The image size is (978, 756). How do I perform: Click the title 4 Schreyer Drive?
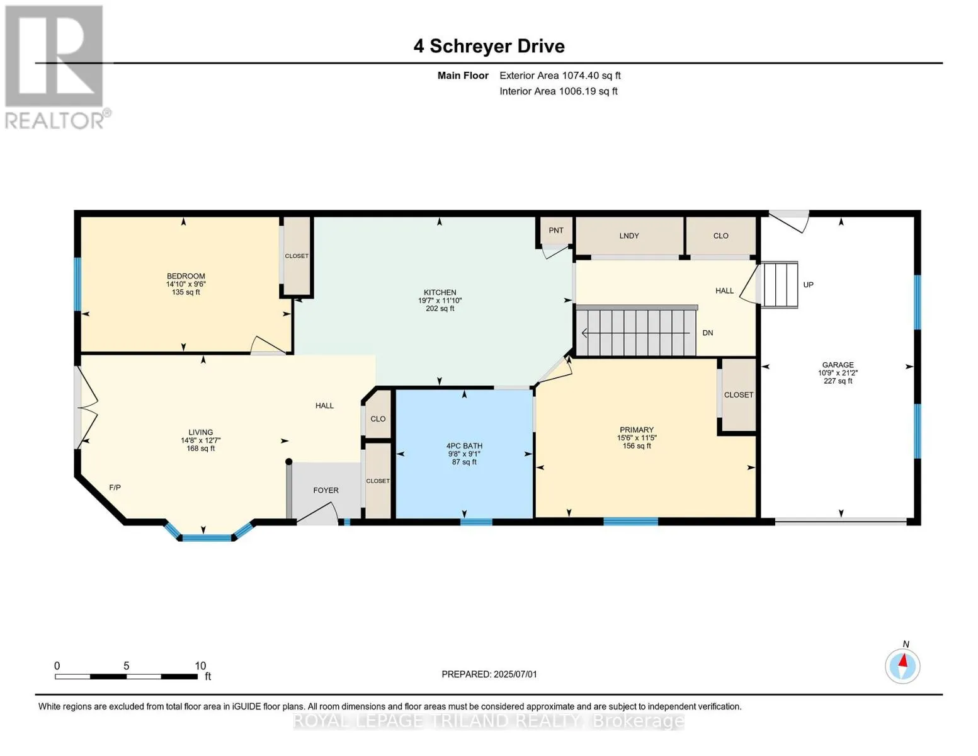tap(489, 46)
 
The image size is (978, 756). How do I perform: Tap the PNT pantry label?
tap(556, 230)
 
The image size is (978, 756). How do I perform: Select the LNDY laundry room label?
tap(628, 236)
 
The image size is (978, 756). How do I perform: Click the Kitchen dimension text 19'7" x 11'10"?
tap(440, 301)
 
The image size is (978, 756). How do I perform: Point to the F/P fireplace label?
tap(115, 487)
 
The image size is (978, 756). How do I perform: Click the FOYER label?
tap(326, 490)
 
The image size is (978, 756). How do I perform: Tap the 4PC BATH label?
tap(464, 446)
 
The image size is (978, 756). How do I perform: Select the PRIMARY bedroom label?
tap(637, 430)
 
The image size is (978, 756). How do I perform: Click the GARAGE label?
tap(838, 365)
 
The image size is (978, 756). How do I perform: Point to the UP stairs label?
tap(809, 285)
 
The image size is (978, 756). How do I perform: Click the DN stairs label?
tap(707, 333)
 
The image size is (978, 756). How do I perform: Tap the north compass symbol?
tap(902, 666)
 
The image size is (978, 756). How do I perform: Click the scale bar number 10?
tap(200, 665)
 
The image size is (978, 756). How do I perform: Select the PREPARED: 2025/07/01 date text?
tap(489, 674)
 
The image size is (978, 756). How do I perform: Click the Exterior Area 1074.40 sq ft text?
tap(560, 76)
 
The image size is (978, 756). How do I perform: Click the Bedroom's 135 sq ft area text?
tap(186, 292)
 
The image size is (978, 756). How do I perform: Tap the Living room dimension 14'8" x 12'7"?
tap(201, 440)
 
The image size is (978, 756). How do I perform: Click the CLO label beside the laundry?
tap(720, 236)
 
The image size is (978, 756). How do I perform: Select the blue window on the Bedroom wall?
tap(77, 284)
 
